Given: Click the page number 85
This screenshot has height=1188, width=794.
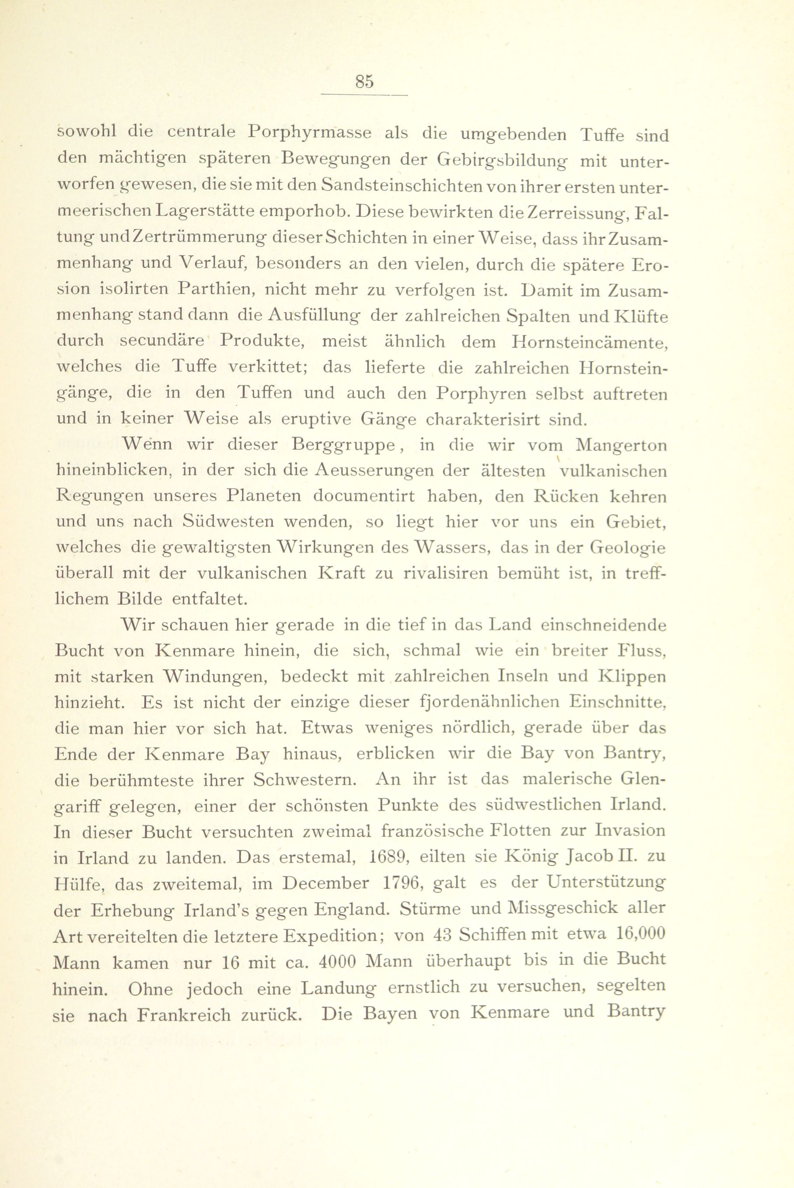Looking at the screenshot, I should click(x=364, y=81).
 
